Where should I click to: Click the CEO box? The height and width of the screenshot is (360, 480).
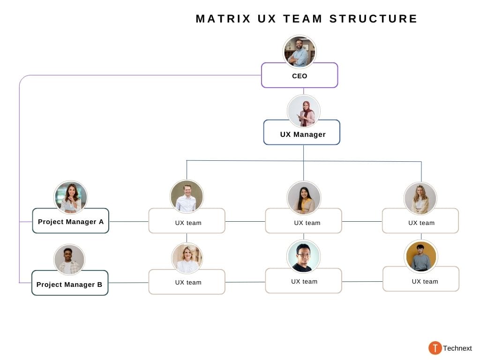299,75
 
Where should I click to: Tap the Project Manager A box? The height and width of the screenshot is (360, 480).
70,221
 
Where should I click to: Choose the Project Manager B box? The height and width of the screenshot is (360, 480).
69,284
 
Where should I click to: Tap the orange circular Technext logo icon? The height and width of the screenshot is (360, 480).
435,348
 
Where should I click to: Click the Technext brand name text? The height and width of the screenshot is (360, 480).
457,348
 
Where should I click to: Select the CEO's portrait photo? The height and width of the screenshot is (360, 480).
300,52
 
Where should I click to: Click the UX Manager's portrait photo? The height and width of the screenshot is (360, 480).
304,111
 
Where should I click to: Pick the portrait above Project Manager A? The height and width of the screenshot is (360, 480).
71,197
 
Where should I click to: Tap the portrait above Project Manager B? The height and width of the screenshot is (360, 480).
69,259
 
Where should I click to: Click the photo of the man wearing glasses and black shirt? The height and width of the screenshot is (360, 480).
303,256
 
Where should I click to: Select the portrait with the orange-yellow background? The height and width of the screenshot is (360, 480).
420,256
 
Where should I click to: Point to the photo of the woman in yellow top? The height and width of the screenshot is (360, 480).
304,198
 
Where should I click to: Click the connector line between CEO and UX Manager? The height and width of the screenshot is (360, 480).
303,91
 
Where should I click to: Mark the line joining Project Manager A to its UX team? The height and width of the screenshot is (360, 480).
128,221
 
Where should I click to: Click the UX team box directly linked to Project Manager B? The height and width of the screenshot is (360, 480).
187,282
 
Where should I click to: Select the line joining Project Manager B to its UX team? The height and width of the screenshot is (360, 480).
128,283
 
